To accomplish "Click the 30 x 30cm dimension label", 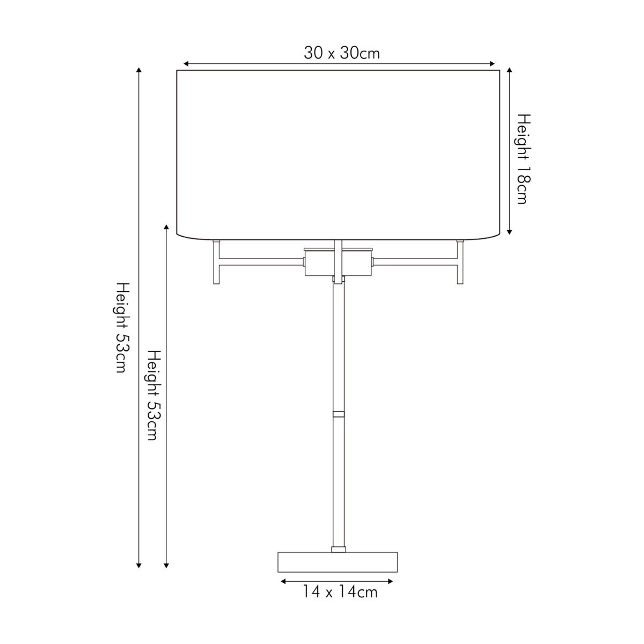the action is [341, 53].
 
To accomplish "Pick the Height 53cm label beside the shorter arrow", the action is [155, 395].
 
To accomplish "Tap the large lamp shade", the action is [338, 155].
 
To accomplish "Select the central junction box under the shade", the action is [338, 262].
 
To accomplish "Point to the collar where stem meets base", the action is [339, 549].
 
